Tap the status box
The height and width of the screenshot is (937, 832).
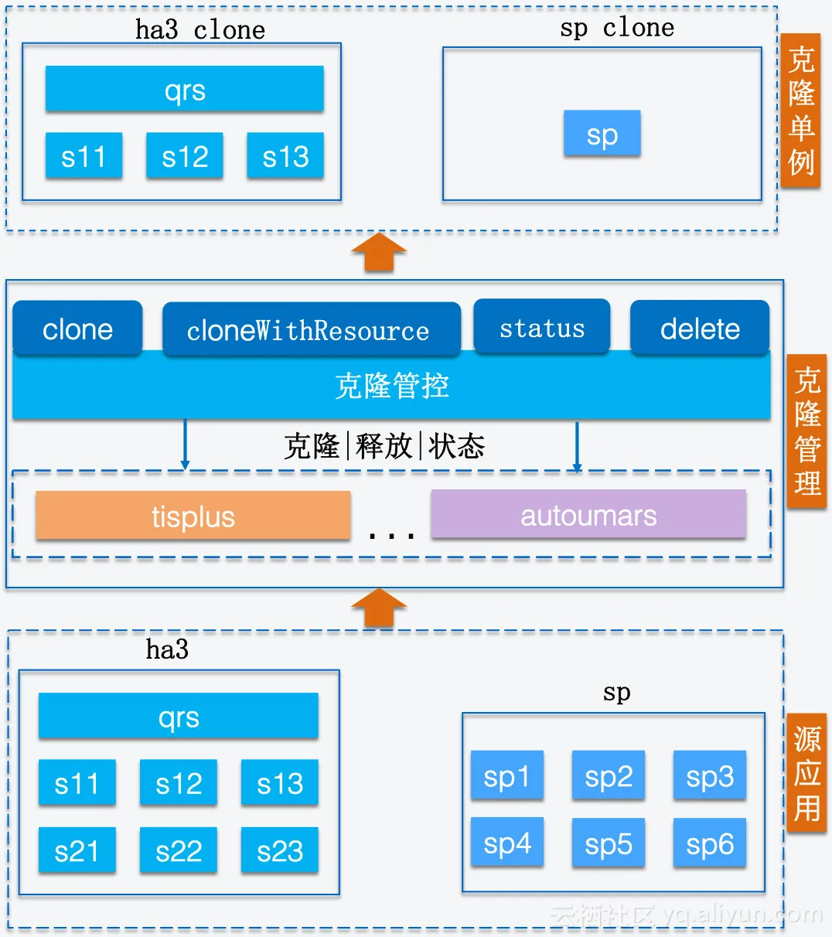pyautogui.click(x=542, y=328)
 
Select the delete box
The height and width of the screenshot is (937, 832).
pyautogui.click(x=700, y=329)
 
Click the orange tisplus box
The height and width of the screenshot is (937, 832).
pyautogui.click(x=193, y=516)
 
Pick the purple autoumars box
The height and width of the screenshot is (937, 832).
pyautogui.click(x=588, y=515)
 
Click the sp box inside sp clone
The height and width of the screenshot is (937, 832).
pyautogui.click(x=602, y=135)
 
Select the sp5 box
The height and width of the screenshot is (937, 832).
pyautogui.click(x=609, y=844)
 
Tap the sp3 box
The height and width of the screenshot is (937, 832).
pyautogui.click(x=709, y=776)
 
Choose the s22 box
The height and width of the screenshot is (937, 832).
pyautogui.click(x=179, y=851)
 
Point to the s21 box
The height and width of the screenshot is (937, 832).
pyautogui.click(x=77, y=851)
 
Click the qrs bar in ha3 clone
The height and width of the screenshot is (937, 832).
pyautogui.click(x=185, y=90)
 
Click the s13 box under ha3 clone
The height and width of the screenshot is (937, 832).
pyautogui.click(x=285, y=156)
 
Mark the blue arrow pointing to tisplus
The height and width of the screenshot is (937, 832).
pyautogui.click(x=185, y=445)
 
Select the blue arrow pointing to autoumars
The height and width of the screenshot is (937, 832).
pyautogui.click(x=577, y=447)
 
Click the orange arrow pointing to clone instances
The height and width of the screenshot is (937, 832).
pyautogui.click(x=379, y=253)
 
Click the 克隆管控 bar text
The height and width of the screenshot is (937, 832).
pyautogui.click(x=392, y=385)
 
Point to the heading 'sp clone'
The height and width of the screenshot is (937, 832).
pyautogui.click(x=616, y=28)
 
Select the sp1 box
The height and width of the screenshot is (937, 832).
pyautogui.click(x=507, y=776)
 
